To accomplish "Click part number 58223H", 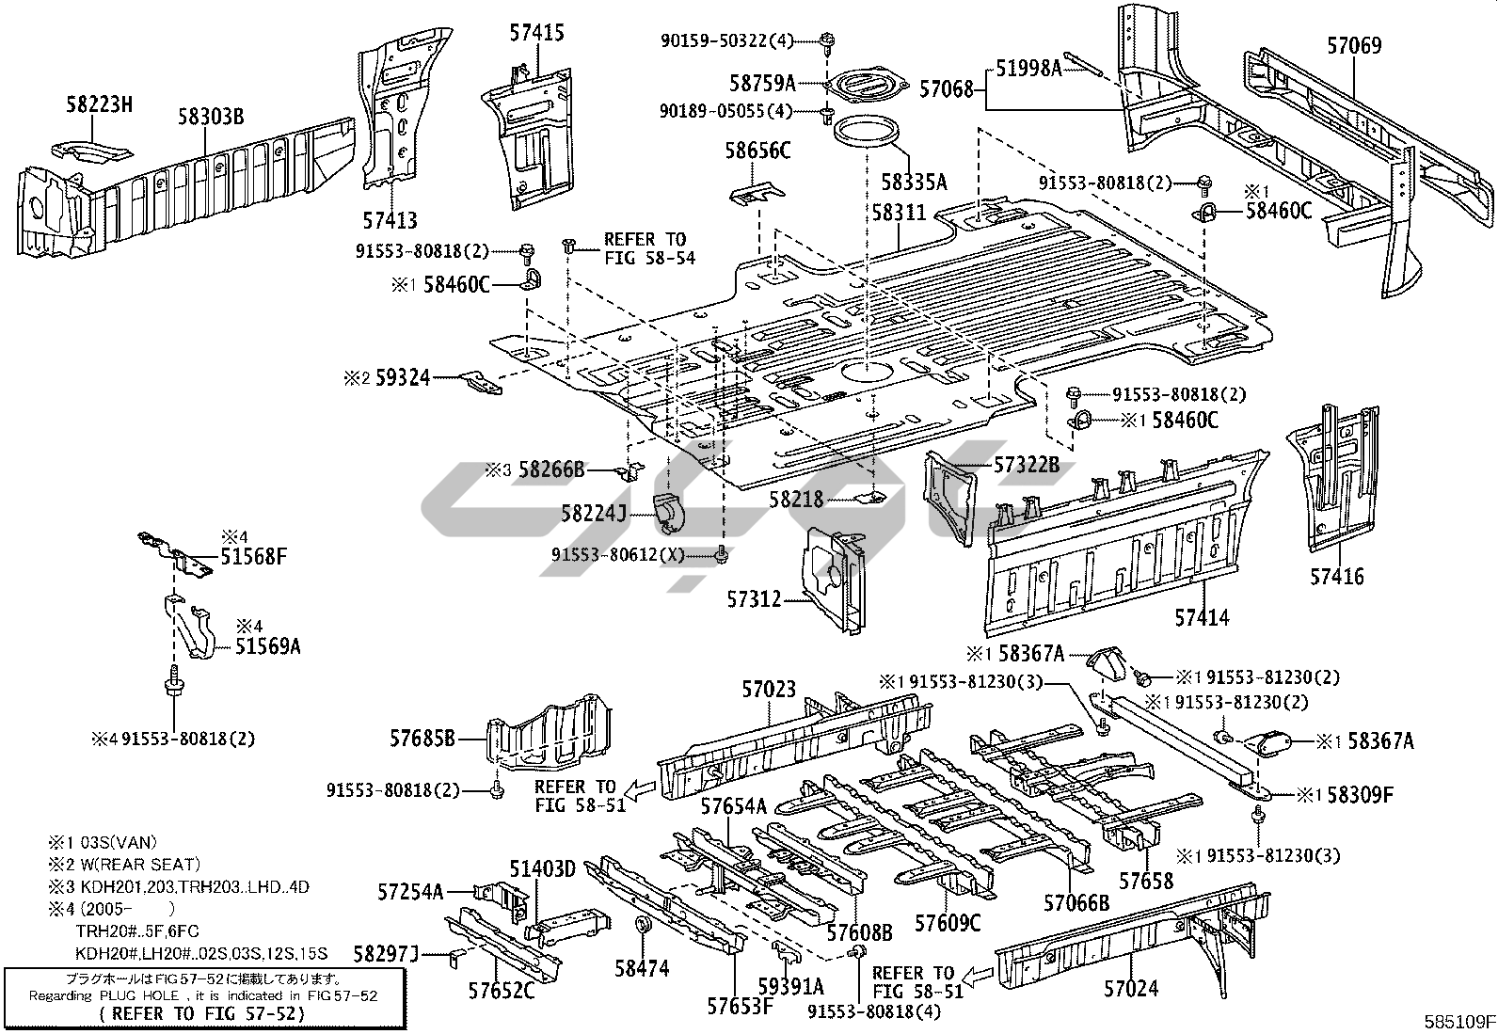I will click(x=99, y=105).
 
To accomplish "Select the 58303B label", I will click(x=211, y=117).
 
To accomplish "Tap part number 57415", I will click(x=536, y=34).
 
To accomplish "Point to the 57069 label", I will click(x=1354, y=45).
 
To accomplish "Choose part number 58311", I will click(x=899, y=213).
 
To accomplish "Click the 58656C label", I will click(x=757, y=151).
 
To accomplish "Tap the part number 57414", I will click(x=1202, y=618).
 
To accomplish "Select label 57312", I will click(x=755, y=598).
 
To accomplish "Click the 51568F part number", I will click(x=253, y=556).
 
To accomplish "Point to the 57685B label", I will click(x=422, y=740).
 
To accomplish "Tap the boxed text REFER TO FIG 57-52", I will click(x=202, y=1013).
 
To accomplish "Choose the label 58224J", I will click(x=594, y=514).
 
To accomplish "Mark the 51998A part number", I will click(x=1028, y=67).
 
